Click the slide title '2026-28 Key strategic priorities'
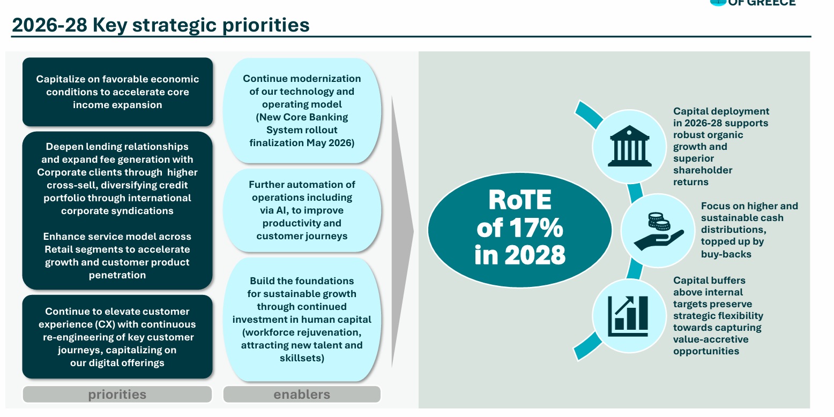(160, 25)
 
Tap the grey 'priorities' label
(117, 395)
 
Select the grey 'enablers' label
(302, 395)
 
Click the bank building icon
(629, 146)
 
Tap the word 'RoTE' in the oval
(520, 200)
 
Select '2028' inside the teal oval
(535, 255)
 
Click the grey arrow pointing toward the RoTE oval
(402, 231)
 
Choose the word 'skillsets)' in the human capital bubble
(302, 358)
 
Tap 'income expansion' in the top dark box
(117, 105)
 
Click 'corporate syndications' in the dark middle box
(117, 211)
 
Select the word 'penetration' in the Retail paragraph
(117, 275)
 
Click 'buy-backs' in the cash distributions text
(726, 254)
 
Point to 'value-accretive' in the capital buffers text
(711, 339)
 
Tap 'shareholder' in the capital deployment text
(703, 170)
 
